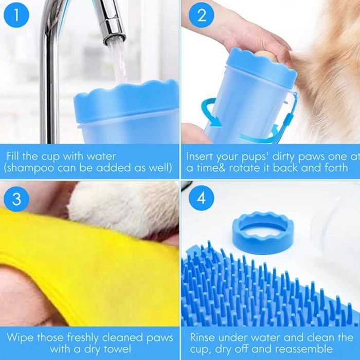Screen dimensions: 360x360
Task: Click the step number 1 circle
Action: pos(16,15)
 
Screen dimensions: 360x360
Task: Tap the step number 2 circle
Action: pos(202,15)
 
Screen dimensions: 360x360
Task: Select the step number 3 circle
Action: pos(16,199)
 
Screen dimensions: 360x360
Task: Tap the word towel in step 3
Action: pos(117,349)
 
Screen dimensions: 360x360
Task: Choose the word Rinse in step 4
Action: pos(203,337)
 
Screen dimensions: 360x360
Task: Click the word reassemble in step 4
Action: pos(303,349)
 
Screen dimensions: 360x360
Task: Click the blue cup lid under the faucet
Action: pos(127,101)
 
